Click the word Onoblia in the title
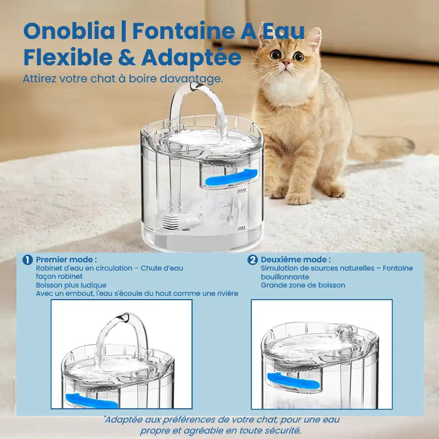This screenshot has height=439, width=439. (69, 31)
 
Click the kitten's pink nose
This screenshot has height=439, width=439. (286, 62)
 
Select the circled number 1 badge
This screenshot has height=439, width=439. (27, 260)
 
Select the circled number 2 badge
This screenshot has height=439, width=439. (252, 260)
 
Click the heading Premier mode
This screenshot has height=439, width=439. (66, 260)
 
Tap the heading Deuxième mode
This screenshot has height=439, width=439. (296, 260)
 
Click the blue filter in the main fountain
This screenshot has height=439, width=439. (231, 177)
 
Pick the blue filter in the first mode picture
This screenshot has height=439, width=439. (92, 402)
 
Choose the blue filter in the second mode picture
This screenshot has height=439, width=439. (294, 381)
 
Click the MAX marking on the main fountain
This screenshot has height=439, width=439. (241, 190)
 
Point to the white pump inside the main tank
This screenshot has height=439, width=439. (183, 222)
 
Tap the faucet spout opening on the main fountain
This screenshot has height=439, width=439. (195, 87)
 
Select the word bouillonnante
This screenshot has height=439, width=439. (285, 277)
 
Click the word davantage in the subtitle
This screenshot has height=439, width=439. (191, 78)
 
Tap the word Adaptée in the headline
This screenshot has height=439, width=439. (191, 58)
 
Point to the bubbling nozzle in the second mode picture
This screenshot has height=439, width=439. (346, 330)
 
